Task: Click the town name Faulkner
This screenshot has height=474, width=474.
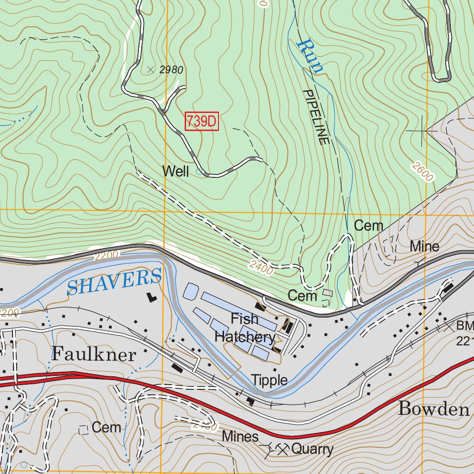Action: click(x=94, y=354)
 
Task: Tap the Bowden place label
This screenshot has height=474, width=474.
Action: click(x=434, y=409)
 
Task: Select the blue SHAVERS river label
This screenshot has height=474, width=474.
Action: click(x=114, y=281)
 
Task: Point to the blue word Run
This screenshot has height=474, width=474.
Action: click(x=310, y=56)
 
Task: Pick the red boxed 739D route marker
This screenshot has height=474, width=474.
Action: click(x=201, y=122)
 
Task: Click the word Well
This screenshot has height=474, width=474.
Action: click(x=175, y=172)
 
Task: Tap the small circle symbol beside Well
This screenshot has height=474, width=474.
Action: click(x=199, y=172)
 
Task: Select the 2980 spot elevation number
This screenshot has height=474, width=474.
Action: click(x=171, y=70)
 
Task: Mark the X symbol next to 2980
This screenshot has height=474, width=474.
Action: click(x=150, y=69)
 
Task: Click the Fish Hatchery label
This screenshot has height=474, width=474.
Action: click(x=245, y=328)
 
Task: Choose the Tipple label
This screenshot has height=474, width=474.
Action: click(x=269, y=380)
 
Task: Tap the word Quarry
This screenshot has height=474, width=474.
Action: click(x=312, y=449)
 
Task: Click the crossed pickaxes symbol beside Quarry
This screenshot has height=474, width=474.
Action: click(x=282, y=448)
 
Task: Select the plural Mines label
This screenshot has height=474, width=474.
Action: click(x=240, y=436)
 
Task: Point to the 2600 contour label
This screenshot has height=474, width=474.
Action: click(x=422, y=172)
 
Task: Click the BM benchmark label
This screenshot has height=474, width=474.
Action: click(x=464, y=326)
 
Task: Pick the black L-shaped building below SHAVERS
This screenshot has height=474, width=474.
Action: click(x=151, y=297)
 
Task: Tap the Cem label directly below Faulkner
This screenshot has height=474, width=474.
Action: click(x=106, y=427)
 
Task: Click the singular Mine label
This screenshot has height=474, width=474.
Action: click(x=424, y=247)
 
